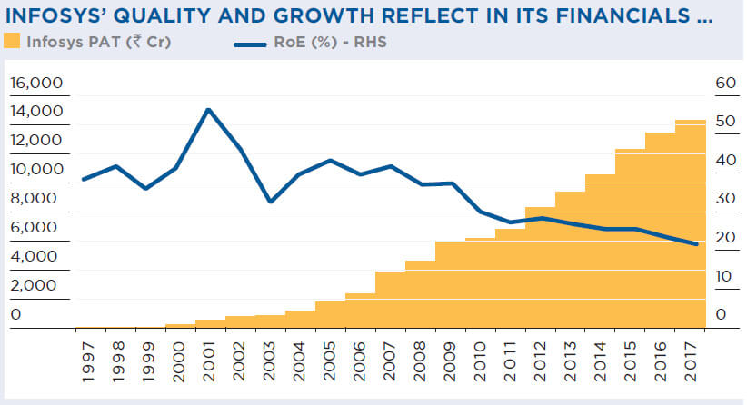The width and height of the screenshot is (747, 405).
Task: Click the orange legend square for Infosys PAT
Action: pos(12,41)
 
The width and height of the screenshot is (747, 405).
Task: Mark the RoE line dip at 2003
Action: pos(270,202)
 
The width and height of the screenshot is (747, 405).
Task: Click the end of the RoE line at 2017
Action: pos(696,244)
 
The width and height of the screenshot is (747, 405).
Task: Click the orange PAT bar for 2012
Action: pos(540,272)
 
